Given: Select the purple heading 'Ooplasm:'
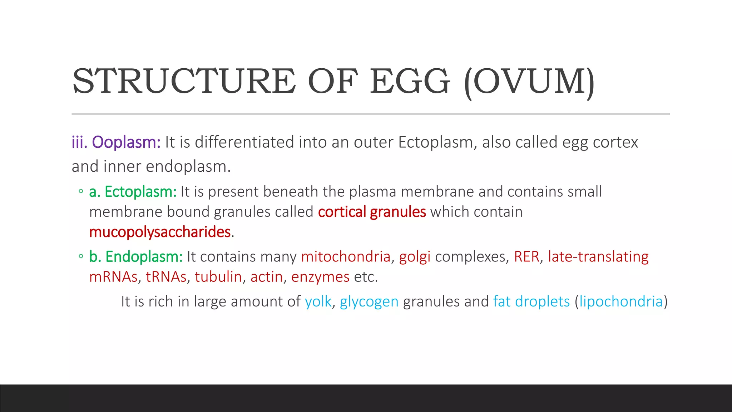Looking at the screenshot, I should point(126,142).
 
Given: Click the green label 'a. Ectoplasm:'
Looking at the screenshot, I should point(133,192).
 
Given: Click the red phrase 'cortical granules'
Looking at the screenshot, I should point(372,212).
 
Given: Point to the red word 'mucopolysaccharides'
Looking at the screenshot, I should point(160,232).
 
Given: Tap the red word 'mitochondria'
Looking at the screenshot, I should point(346,257).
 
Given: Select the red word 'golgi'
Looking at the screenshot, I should point(415,257).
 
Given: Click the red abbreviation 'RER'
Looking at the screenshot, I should point(526,257).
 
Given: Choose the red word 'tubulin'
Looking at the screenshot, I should point(218,277).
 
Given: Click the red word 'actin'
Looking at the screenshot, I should point(267,277).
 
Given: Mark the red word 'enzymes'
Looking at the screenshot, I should point(320,277).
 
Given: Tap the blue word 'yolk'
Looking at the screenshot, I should point(318,301).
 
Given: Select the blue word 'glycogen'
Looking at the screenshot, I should point(369,301).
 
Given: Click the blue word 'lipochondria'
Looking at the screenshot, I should point(621,301).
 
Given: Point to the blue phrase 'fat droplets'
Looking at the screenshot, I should point(531,301).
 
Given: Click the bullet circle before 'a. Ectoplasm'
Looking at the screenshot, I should point(81,191).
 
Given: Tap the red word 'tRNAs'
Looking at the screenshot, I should point(166,277).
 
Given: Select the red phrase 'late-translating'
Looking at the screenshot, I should point(598,257).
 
